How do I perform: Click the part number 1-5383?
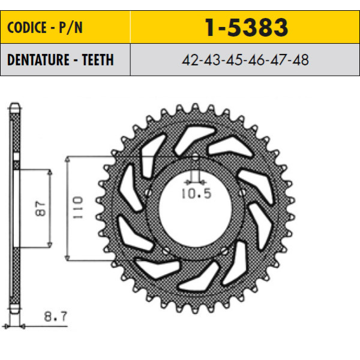(247, 28)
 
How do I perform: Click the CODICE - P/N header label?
(45, 28)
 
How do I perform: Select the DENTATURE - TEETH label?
(61, 60)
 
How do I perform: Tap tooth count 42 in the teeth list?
(190, 60)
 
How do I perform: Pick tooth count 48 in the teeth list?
(301, 60)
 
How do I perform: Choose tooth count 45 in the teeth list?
(234, 60)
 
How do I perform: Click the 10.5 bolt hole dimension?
(196, 194)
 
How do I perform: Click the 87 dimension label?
(40, 208)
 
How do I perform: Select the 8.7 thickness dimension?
(56, 316)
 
